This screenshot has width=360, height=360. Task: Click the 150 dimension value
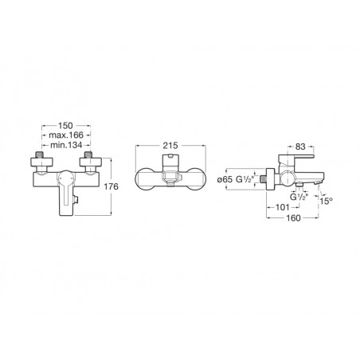tap(65, 125)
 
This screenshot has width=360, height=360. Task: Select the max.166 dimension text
tap(66, 135)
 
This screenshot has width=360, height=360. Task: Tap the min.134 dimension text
tap(66, 145)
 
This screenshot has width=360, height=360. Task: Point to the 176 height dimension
tap(111, 186)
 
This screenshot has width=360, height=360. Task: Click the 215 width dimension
tap(170, 146)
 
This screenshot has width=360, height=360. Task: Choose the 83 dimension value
tap(300, 147)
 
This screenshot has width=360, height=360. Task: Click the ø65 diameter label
tap(225, 179)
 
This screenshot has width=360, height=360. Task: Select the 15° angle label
tap(326, 201)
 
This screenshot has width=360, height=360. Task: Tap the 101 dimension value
tap(283, 207)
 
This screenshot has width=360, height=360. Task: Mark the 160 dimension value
tap(293, 218)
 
